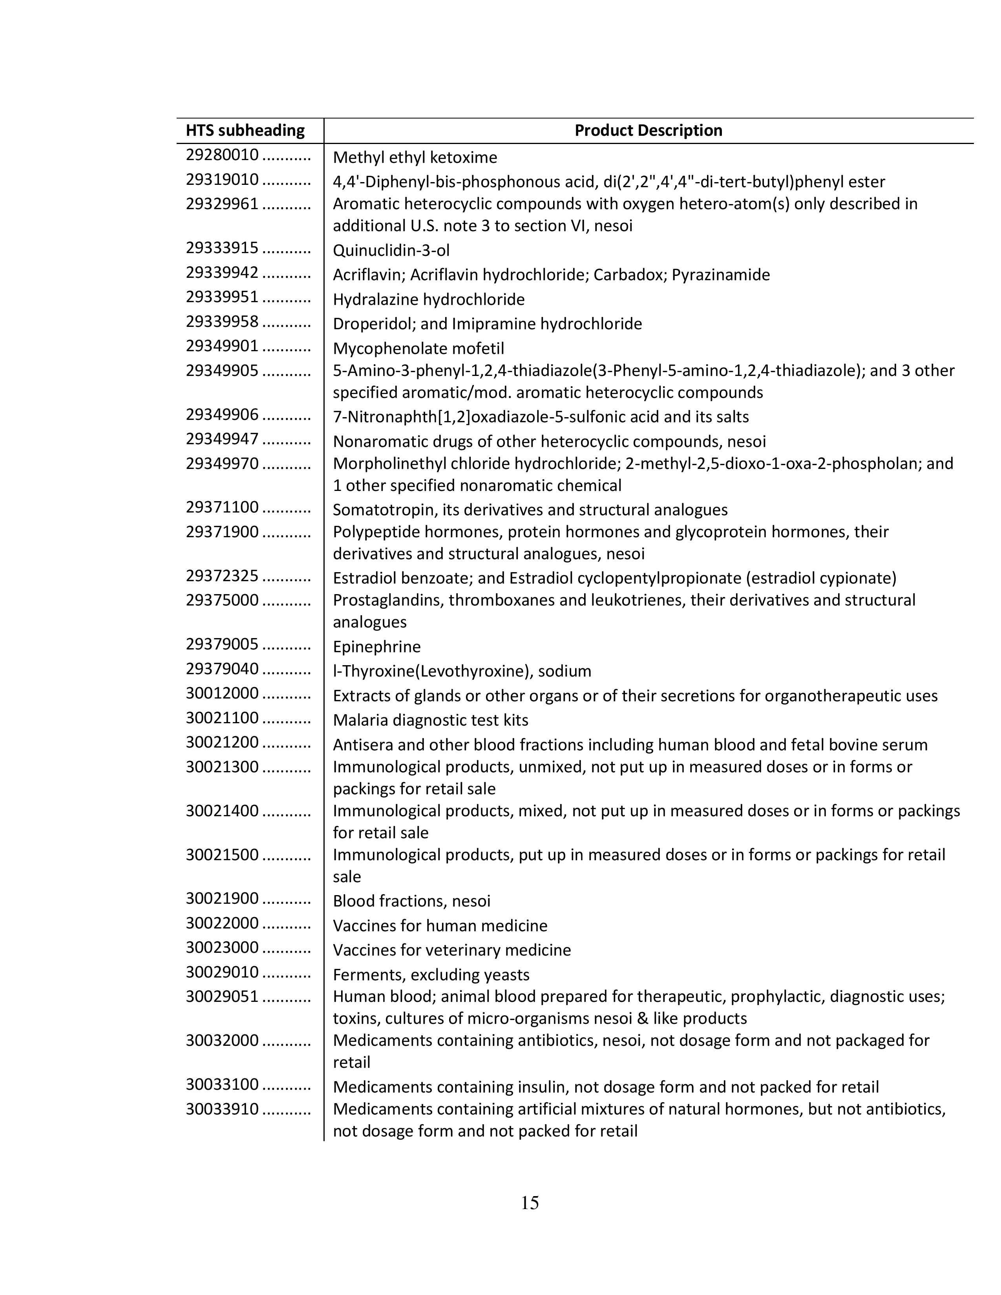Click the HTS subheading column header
(x=245, y=130)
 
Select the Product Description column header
(x=648, y=130)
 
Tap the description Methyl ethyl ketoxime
(x=415, y=158)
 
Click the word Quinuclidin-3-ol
(x=391, y=250)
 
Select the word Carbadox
(x=628, y=275)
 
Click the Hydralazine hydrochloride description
(x=428, y=299)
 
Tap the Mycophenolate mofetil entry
(x=418, y=348)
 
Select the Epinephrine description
(x=376, y=647)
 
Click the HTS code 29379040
(x=222, y=669)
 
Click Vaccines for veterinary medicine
(x=451, y=950)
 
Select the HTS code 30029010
(x=222, y=972)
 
